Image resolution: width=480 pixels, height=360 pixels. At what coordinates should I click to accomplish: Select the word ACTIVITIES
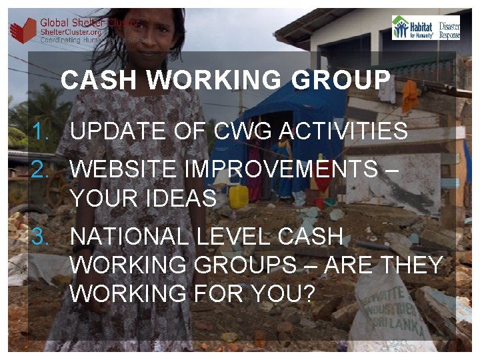(x=343, y=131)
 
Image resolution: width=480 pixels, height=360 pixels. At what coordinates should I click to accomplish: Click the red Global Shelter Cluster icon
(x=23, y=30)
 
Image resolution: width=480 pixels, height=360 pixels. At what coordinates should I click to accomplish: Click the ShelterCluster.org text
(x=69, y=31)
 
